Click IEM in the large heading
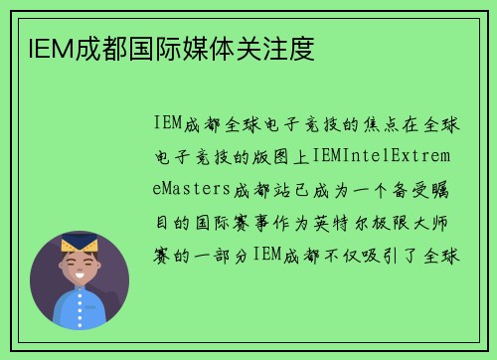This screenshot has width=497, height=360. click(x=41, y=47)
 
